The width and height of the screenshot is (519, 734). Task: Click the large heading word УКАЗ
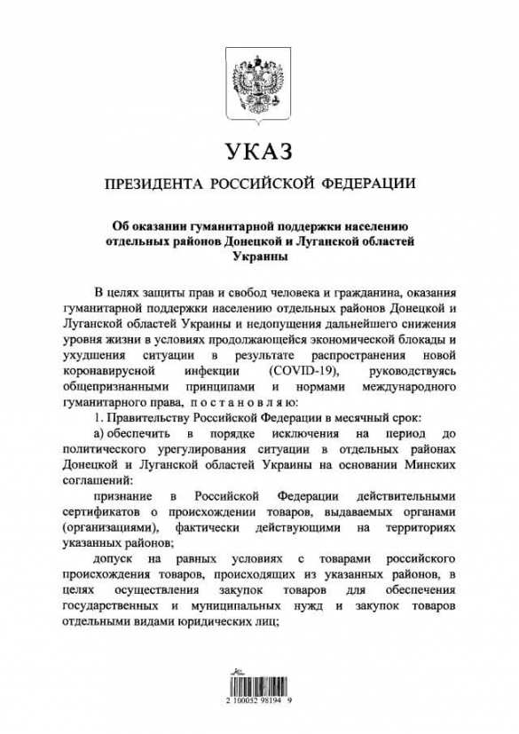pyautogui.click(x=259, y=153)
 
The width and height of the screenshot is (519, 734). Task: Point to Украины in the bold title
pyautogui.click(x=259, y=257)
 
